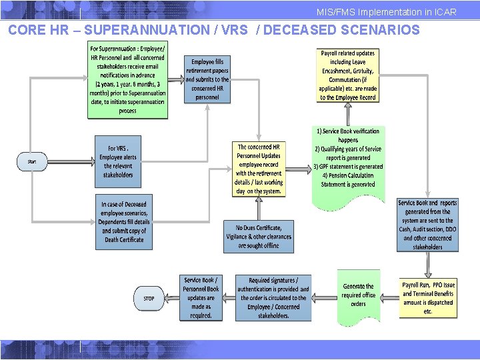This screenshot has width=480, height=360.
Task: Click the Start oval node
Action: [x=32, y=161]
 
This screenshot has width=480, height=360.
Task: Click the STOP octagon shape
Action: [x=149, y=298]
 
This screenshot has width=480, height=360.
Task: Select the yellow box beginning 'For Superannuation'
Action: [x=128, y=80]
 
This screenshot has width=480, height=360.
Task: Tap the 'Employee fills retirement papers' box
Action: [x=207, y=79]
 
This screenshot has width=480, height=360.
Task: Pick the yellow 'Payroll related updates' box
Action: [x=348, y=75]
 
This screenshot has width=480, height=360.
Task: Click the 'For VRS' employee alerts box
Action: [x=119, y=161]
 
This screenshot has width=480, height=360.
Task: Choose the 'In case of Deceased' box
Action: [x=123, y=222]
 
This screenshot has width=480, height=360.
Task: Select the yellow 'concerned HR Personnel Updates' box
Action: [x=259, y=169]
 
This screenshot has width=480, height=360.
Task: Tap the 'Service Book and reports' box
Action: [x=427, y=225]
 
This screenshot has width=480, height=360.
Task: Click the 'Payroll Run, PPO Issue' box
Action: [x=427, y=298]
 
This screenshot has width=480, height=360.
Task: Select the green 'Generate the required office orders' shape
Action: [x=359, y=295]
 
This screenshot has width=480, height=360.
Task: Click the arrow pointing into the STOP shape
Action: [x=171, y=298]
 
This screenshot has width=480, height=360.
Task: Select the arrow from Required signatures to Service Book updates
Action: [x=227, y=298]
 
